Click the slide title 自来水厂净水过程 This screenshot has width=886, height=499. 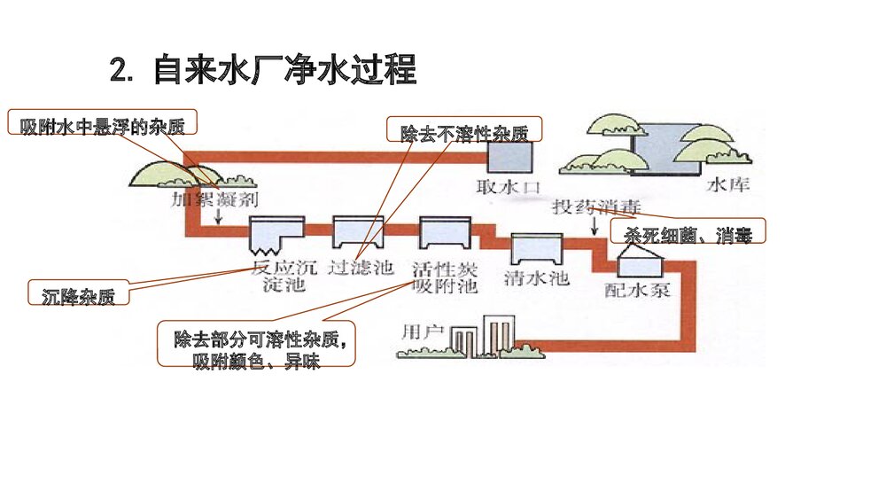coord(263,70)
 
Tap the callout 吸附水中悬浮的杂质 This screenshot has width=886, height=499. coord(102,125)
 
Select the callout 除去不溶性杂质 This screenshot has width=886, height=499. coord(463,134)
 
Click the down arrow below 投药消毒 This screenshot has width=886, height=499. coord(593,227)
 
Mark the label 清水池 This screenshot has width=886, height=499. coord(535,278)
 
